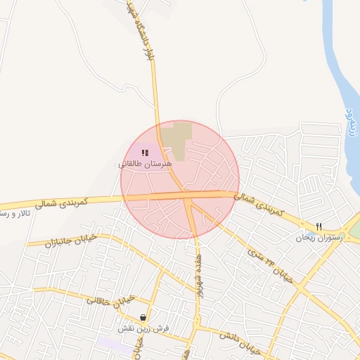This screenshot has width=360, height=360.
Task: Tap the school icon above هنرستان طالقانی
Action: (x=145, y=153)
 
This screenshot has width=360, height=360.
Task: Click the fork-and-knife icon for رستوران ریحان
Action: (x=319, y=226)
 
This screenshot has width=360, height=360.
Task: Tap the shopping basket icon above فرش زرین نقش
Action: (x=143, y=317)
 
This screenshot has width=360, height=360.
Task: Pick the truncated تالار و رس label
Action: (x=14, y=212)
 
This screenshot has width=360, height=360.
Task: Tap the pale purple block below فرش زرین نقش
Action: (x=112, y=342)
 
